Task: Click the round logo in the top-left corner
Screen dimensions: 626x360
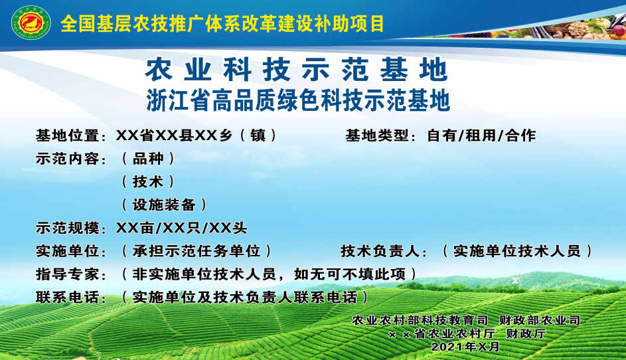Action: coord(31,23)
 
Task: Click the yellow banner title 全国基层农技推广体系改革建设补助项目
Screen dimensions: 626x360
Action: coord(222,23)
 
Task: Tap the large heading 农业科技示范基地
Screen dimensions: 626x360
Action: coord(296,69)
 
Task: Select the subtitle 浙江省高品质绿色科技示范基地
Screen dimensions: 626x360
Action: coord(298,100)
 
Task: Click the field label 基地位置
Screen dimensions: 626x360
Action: coord(68,135)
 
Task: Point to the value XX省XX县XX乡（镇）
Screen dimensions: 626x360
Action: coord(196,135)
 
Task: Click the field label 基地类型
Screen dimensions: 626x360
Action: coord(377,135)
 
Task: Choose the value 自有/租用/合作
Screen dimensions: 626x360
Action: coord(481,135)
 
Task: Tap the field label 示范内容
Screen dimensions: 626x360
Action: coord(68,159)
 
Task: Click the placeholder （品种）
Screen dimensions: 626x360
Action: coord(148,159)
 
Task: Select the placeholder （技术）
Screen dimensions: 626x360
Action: coord(148,182)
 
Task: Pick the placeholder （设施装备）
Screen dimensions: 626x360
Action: coord(164,205)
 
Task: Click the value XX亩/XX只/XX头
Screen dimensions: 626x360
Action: coord(181,228)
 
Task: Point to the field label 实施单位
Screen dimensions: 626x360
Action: coord(68,251)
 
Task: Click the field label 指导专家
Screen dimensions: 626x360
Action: coord(68,274)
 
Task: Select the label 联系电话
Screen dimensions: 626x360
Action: coord(68,298)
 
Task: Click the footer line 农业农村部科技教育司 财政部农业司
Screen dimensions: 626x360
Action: coord(466,320)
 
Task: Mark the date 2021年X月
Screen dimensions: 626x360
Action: coord(465,346)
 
